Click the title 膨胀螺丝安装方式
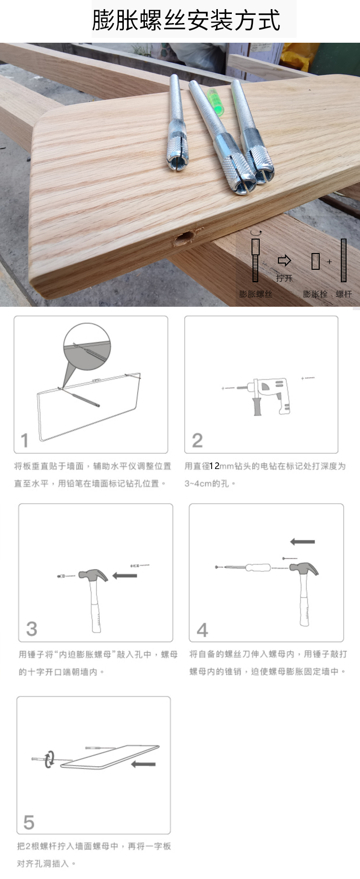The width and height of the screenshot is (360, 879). (x=186, y=20)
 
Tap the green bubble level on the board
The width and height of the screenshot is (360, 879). (x=216, y=101)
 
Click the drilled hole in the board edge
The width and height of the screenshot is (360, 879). (x=184, y=237)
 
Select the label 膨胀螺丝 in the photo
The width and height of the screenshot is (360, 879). (x=256, y=294)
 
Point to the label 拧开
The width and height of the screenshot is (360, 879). (x=284, y=278)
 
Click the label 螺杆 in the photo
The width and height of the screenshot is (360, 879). (x=344, y=294)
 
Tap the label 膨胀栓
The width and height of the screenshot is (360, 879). (x=315, y=294)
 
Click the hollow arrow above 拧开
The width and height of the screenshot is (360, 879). (x=285, y=261)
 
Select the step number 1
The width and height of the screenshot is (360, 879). (x=25, y=440)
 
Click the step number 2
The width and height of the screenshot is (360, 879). (x=197, y=440)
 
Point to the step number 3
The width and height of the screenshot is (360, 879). (x=32, y=628)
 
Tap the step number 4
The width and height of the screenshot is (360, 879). (x=203, y=629)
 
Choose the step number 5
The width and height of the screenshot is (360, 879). (x=29, y=822)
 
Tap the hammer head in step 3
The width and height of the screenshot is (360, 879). (x=93, y=575)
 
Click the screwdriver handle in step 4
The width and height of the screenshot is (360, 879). (x=258, y=567)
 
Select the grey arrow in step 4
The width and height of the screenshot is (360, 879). (x=303, y=542)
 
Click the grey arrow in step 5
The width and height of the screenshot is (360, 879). (x=143, y=764)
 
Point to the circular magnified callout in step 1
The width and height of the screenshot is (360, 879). (x=87, y=347)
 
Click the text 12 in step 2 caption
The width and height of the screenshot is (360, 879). (x=215, y=466)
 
